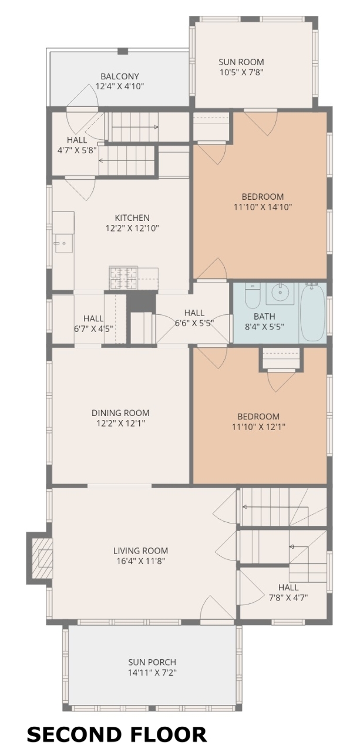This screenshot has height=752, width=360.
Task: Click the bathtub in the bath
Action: [x=312, y=312]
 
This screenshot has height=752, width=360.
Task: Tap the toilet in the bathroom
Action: [x=253, y=296]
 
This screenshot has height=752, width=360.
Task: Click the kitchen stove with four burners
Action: [x=123, y=278]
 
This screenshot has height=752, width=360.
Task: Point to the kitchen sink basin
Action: [x=64, y=243]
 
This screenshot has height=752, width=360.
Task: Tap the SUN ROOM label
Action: [x=241, y=62]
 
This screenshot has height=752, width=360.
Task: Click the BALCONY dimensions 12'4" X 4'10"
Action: [x=120, y=86]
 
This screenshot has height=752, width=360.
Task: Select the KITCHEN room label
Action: [x=132, y=217]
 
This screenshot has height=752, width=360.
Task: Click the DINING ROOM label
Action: [x=120, y=412]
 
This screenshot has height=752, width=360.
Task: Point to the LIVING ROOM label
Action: [x=140, y=550]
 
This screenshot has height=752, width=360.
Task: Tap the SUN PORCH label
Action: [x=152, y=662]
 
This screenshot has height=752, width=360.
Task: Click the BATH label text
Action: [x=265, y=316]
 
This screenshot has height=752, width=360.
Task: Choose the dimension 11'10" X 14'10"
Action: [x=263, y=207]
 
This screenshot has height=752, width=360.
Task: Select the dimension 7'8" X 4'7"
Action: [x=288, y=597]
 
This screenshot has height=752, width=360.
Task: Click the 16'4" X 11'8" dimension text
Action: [x=140, y=561]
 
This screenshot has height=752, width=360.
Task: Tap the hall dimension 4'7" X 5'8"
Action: [x=77, y=150]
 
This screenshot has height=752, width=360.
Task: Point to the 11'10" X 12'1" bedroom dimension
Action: [x=258, y=427]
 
